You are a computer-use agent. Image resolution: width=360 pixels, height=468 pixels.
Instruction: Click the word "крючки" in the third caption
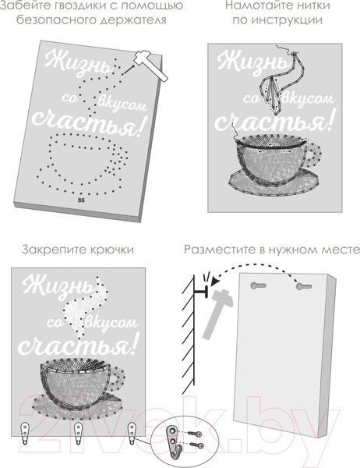[111, 250]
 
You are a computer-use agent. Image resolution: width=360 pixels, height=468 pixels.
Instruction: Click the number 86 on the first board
[81, 200]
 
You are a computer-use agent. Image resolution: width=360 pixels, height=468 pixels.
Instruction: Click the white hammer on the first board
[150, 66]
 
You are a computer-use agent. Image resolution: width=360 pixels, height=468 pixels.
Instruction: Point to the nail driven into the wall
[200, 292]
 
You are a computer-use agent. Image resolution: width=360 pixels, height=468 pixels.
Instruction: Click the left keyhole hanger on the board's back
[258, 285]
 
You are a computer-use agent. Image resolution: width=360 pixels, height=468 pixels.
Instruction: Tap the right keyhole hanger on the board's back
[304, 287]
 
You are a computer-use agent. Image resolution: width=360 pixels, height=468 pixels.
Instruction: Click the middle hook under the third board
[78, 434]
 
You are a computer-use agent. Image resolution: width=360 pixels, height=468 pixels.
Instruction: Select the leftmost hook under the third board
[25, 434]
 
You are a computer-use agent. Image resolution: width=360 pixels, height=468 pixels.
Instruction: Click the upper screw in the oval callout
[196, 434]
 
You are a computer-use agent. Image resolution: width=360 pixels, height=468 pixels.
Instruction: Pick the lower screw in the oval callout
[198, 445]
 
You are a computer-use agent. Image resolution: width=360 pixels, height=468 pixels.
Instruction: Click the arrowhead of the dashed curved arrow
[215, 282]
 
